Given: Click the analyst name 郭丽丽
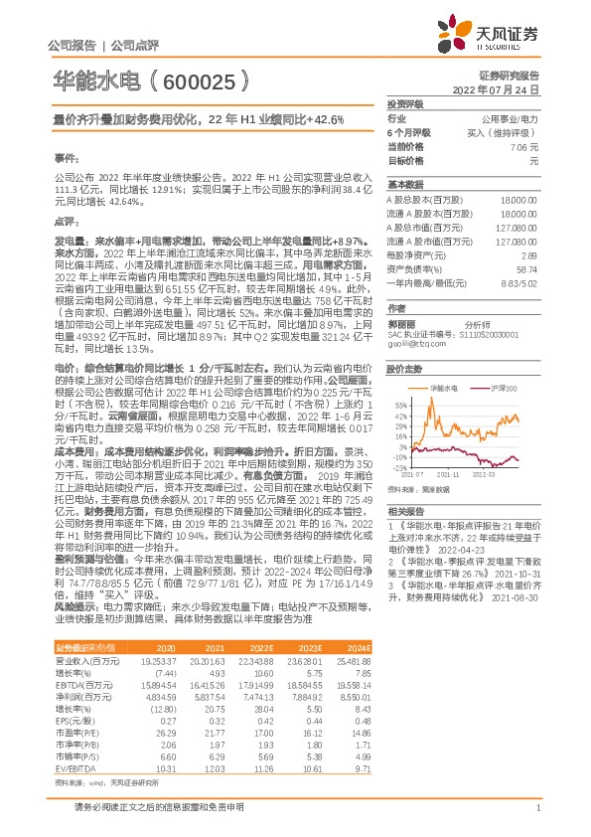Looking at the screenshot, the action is click(x=401, y=324).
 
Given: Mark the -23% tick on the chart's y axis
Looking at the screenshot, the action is click(x=399, y=466).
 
